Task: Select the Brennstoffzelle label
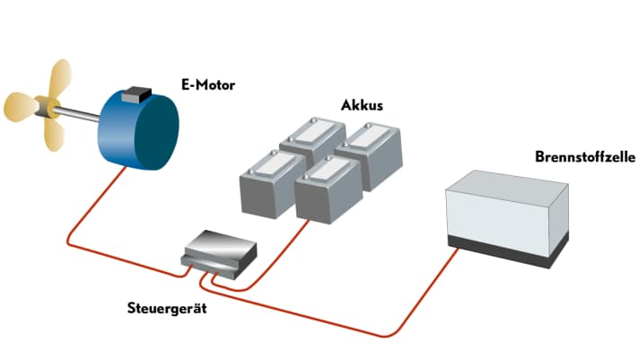584,156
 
